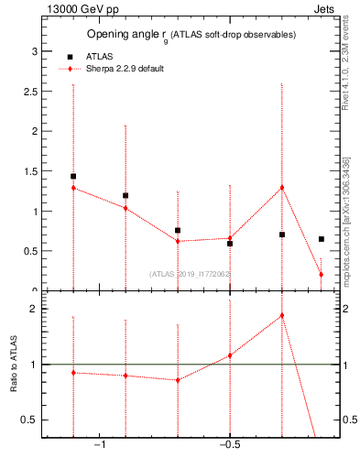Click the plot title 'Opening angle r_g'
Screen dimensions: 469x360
click(x=128, y=35)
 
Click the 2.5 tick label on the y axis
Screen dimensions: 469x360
click(x=29, y=92)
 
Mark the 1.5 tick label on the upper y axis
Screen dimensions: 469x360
click(x=29, y=171)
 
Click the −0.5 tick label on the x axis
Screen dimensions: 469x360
click(x=229, y=445)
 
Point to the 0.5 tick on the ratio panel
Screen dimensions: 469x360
click(x=29, y=420)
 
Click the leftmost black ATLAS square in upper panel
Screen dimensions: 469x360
click(x=73, y=176)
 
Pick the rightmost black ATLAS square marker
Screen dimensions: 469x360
click(x=321, y=239)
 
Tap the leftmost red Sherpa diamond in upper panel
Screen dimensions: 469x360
click(x=73, y=188)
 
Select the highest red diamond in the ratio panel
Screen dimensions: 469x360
click(x=281, y=315)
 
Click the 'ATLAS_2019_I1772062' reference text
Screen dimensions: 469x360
click(x=190, y=273)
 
